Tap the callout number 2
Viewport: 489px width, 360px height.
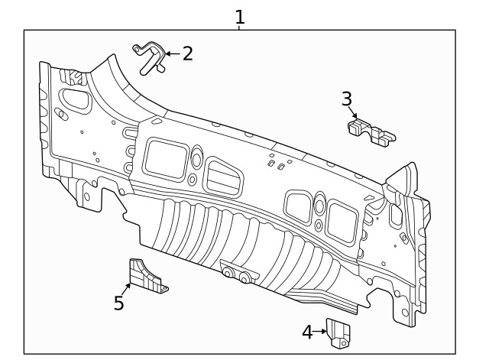pyautogui.click(x=186, y=54)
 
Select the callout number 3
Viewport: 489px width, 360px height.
pyautogui.click(x=346, y=99)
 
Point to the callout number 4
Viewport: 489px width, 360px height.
pyautogui.click(x=307, y=332)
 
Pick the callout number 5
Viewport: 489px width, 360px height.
pyautogui.click(x=118, y=303)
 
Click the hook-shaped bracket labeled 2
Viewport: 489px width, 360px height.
pyautogui.click(x=151, y=58)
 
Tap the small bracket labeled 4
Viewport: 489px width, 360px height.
pyautogui.click(x=338, y=332)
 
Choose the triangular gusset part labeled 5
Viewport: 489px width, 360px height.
pyautogui.click(x=145, y=277)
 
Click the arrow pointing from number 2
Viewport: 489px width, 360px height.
pyautogui.click(x=172, y=54)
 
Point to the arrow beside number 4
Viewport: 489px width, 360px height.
pyautogui.click(x=321, y=332)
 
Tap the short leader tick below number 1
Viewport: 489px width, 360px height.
pyautogui.click(x=239, y=26)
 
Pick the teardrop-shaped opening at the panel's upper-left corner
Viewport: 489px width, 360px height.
pyautogui.click(x=73, y=99)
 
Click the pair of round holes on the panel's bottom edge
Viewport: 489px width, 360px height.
pyautogui.click(x=236, y=274)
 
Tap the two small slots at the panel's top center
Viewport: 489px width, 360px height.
pyautogui.click(x=276, y=164)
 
